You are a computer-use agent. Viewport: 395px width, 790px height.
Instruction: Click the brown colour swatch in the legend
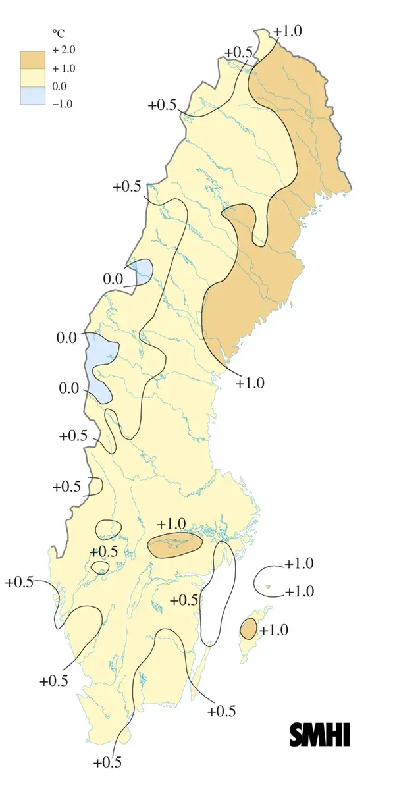(34, 59)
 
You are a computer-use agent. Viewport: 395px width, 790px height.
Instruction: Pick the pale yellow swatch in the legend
(34, 77)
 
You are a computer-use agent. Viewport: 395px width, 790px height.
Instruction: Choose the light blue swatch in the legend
(34, 95)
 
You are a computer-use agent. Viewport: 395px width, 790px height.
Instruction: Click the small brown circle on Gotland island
(248, 629)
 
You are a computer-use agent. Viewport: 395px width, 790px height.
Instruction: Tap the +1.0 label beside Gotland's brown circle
(273, 630)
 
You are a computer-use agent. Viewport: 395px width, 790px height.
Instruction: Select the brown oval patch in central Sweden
(174, 545)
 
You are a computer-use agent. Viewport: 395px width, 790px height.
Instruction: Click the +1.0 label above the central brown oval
(172, 523)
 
